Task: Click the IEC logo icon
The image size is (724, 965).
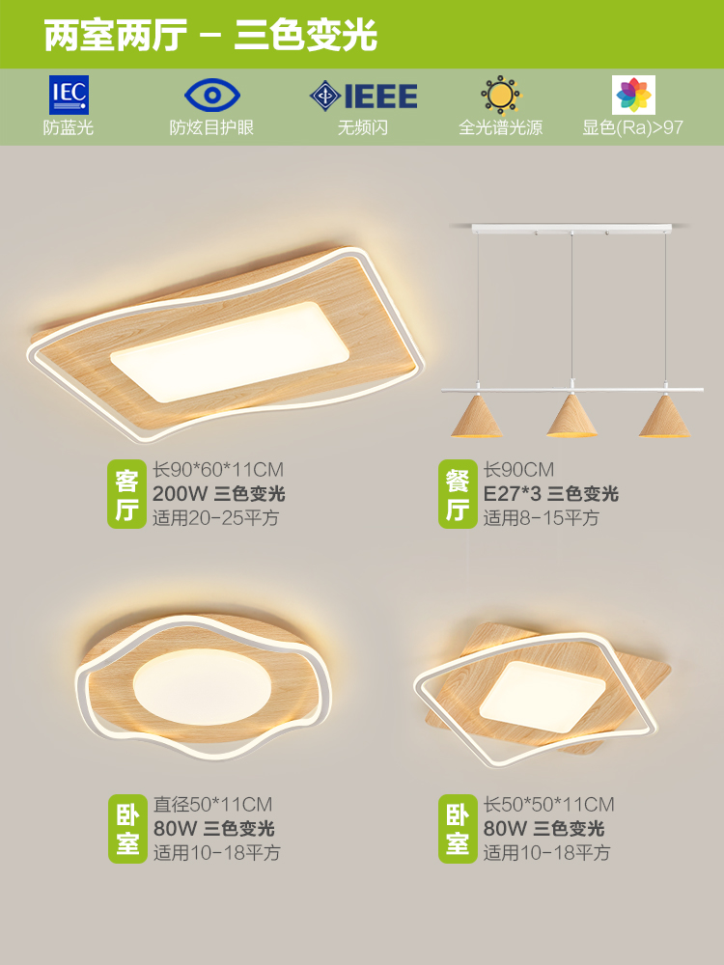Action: coord(69,95)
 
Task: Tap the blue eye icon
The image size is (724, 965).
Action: coord(210,96)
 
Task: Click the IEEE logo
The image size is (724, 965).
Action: coord(363,96)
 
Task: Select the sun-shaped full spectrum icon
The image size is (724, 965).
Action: coord(500,96)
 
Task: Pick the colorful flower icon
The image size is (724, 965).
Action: coord(633,96)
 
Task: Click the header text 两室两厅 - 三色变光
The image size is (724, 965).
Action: coord(210,36)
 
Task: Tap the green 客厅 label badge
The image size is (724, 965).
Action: coord(126,494)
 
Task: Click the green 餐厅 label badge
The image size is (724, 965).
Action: coord(457,494)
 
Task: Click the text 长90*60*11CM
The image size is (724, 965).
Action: coord(218,470)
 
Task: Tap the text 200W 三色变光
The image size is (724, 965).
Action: coord(219,494)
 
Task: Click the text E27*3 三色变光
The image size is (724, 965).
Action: coord(550,494)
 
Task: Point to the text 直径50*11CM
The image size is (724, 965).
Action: coord(212,804)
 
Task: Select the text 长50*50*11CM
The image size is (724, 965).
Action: coord(548,804)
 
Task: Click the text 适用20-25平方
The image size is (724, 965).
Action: coord(215,518)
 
